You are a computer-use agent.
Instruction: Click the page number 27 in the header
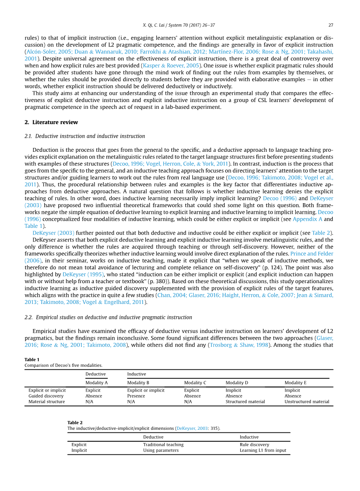(x=331, y=24)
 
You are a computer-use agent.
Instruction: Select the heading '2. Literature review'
(x=51, y=122)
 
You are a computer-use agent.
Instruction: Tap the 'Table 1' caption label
(x=32, y=360)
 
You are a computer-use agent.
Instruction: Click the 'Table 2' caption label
(x=75, y=423)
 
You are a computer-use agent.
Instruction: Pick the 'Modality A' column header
(x=97, y=383)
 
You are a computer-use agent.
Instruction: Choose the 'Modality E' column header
(x=295, y=383)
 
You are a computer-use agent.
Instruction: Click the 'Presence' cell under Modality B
(x=136, y=396)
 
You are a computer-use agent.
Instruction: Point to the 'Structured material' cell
(x=245, y=401)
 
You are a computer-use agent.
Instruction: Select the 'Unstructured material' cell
(x=307, y=401)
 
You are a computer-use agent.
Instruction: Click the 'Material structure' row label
(x=47, y=401)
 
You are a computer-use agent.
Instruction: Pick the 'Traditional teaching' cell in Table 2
(x=163, y=445)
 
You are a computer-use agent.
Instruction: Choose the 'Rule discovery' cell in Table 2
(x=254, y=445)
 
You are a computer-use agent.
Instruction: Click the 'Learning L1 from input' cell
(x=263, y=450)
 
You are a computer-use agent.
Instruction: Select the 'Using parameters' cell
(x=161, y=450)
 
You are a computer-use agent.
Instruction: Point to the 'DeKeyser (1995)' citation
(x=83, y=274)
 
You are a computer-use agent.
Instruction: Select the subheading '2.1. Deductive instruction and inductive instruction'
(x=85, y=136)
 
